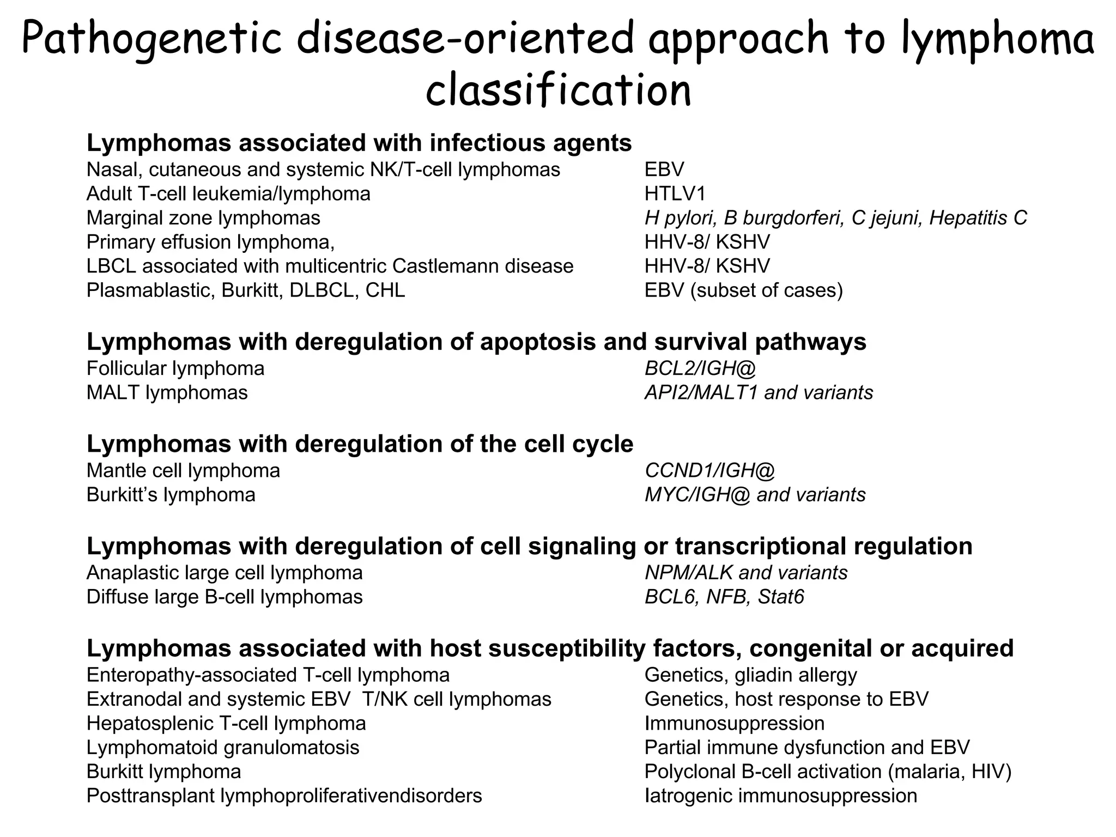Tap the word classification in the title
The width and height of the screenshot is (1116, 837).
coord(558,90)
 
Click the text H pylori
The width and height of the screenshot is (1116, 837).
coord(679,218)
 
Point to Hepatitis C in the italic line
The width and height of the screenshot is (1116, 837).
coord(978,218)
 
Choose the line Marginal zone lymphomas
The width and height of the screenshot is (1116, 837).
coord(203,218)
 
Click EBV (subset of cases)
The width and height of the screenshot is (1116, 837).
coord(743,290)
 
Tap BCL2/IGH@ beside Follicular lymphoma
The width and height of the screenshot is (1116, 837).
coord(700,369)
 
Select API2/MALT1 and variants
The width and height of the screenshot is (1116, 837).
coord(759,393)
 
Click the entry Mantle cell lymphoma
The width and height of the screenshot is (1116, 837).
coord(183,471)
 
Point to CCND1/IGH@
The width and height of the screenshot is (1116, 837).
coord(709,471)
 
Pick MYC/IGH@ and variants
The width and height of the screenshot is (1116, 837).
coord(755,495)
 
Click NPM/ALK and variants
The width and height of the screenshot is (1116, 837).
coord(746,573)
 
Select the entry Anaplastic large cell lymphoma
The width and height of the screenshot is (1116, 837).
coord(225,573)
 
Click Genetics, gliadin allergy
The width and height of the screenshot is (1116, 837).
coord(750,675)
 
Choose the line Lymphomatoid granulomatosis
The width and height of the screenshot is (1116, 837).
coord(223,748)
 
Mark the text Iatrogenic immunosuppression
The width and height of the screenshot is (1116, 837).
coord(780,796)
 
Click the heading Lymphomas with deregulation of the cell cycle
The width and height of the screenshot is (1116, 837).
coord(360,444)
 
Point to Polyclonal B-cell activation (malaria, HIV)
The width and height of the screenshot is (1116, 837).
coord(828,772)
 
